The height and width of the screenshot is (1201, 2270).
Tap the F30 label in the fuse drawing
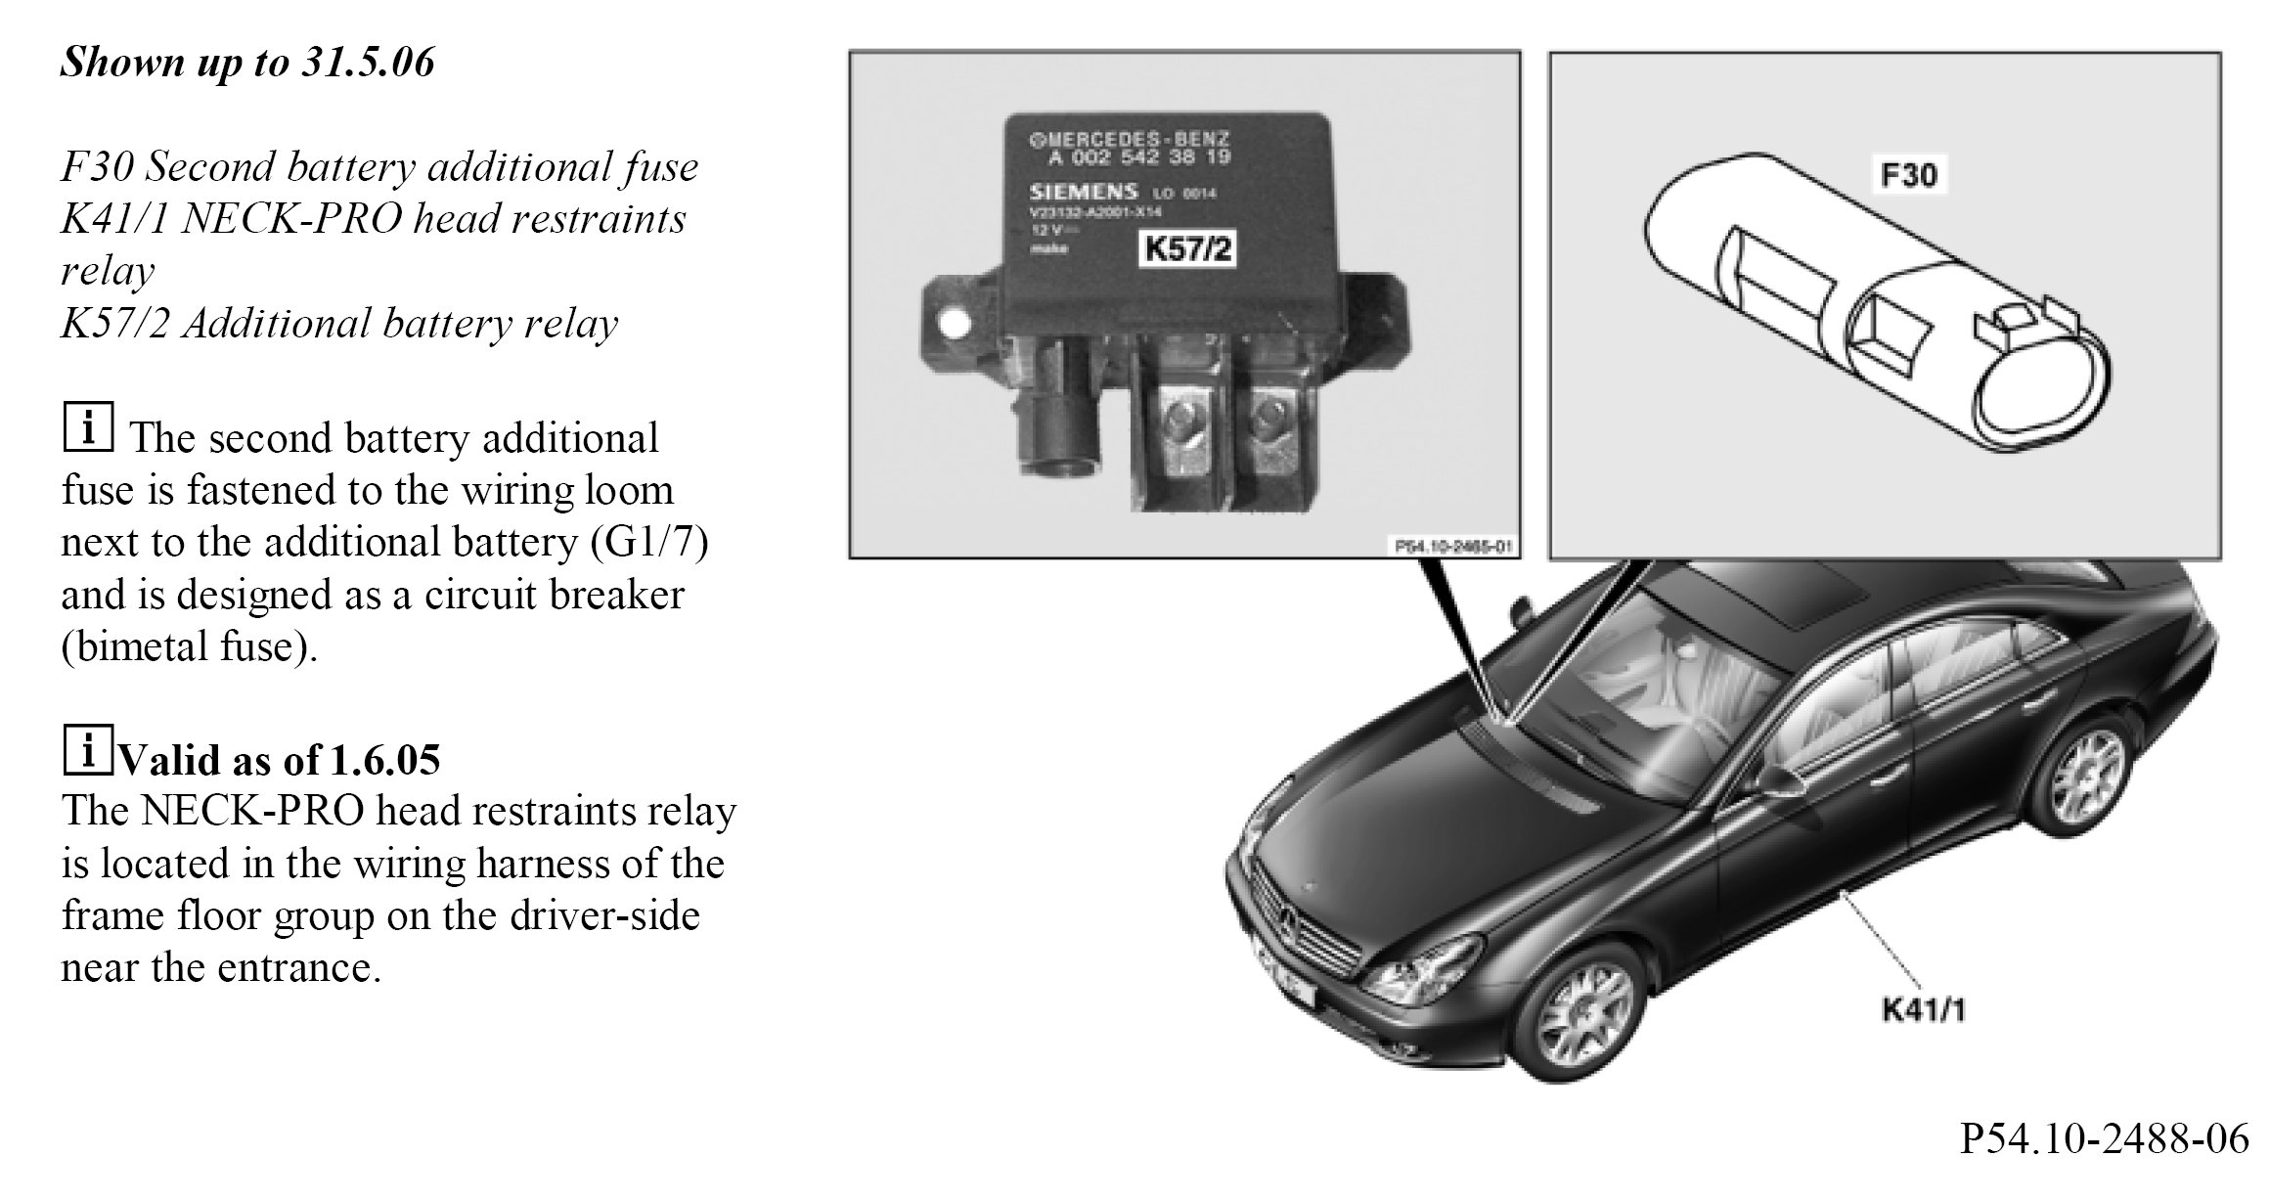[x=1908, y=175]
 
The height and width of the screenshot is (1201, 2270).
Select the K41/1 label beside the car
[x=1923, y=1010]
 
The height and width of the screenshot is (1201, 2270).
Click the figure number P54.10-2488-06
[x=2104, y=1165]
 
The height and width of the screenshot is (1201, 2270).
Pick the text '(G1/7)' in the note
[x=649, y=542]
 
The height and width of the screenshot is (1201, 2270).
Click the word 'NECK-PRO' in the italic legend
[x=291, y=219]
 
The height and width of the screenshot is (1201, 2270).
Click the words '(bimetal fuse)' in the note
[x=190, y=646]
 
